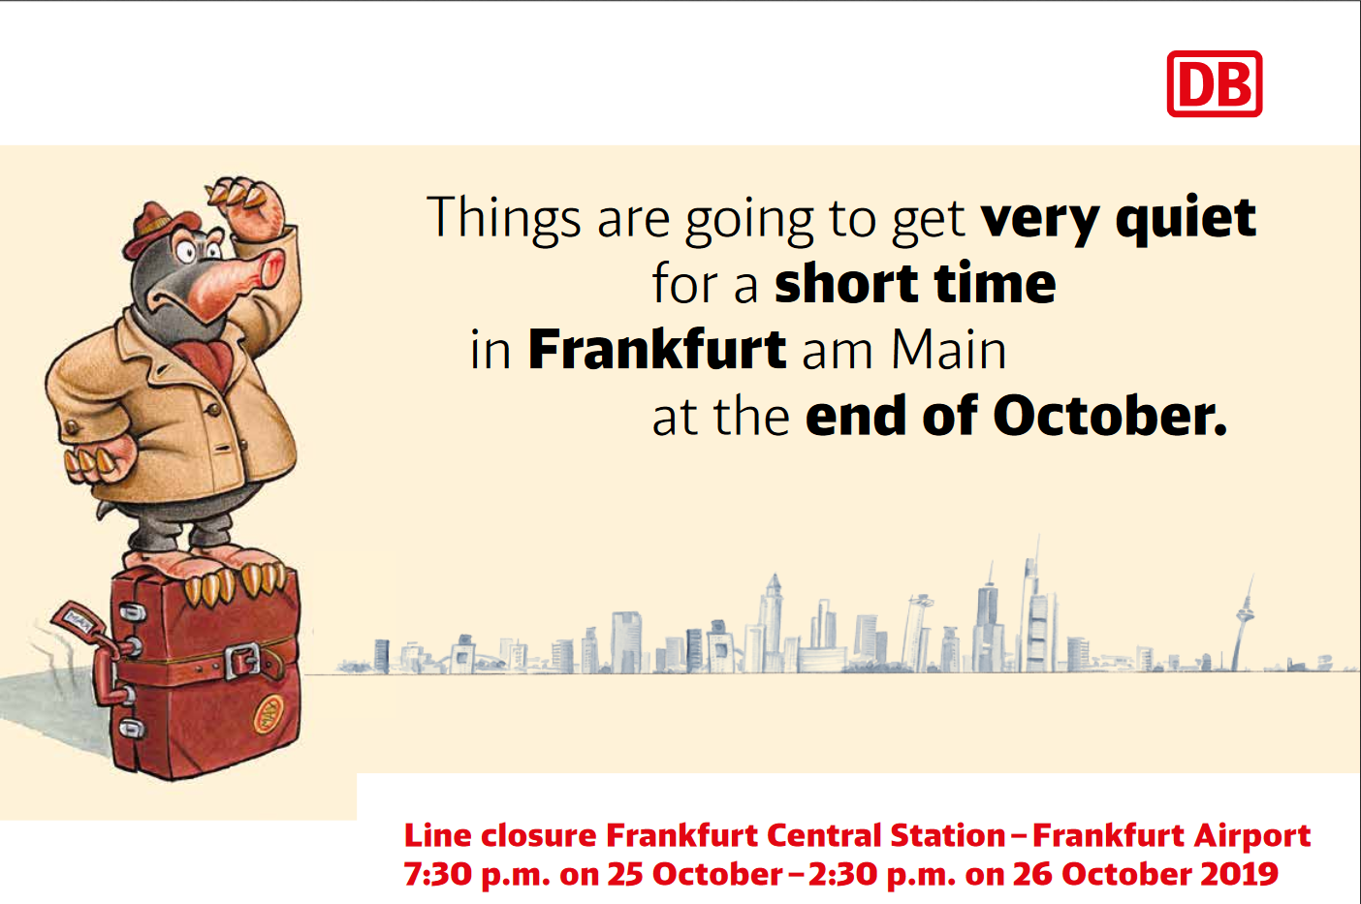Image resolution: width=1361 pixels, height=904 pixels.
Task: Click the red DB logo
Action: [1214, 83]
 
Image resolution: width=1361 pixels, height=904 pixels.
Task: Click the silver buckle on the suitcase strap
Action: [243, 661]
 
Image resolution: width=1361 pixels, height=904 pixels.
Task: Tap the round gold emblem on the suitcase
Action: [269, 714]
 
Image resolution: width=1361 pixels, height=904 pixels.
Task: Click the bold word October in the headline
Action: [1110, 416]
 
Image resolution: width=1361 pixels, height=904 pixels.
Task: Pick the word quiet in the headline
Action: [1186, 219]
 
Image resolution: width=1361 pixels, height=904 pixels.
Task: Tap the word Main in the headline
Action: [948, 350]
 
